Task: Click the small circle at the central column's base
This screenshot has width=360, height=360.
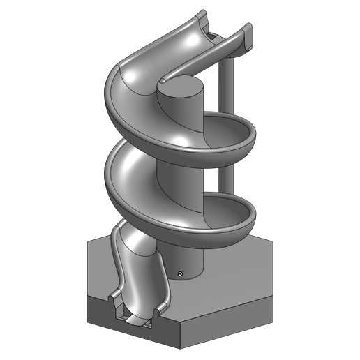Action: (x=180, y=273)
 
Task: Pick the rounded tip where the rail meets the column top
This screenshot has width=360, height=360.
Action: (x=163, y=82)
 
